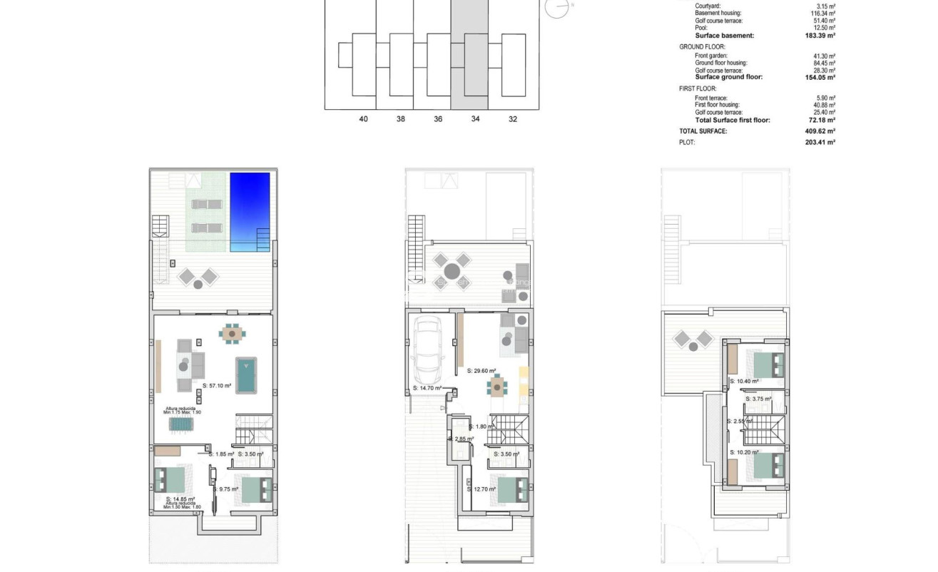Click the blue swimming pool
250,212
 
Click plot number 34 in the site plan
475,119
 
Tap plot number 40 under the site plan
364,119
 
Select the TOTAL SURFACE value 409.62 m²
820,131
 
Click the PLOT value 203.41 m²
820,143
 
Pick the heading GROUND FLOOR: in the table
702,46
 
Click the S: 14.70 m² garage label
427,389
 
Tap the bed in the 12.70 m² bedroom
512,489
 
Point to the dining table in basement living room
231,332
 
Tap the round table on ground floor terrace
452,271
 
